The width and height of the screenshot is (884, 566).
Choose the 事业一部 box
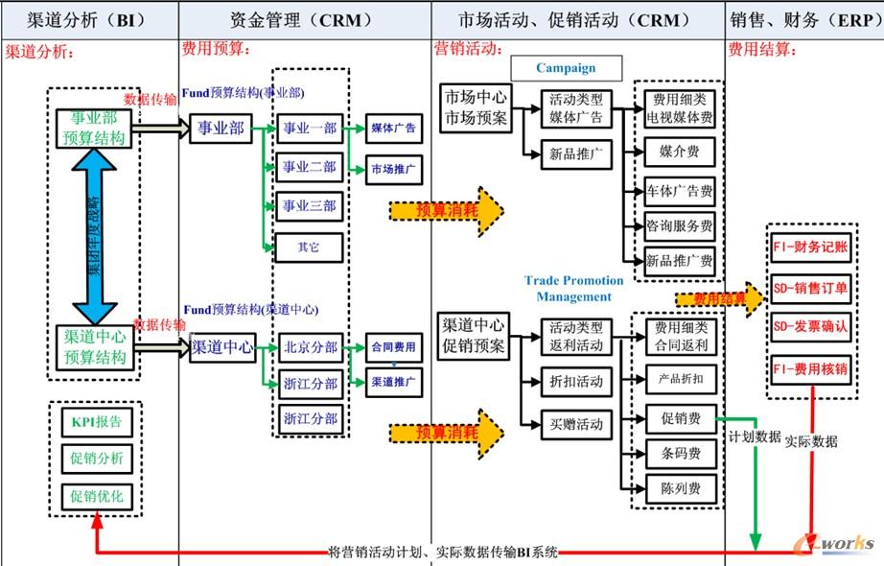(x=309, y=128)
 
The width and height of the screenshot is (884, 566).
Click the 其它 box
(x=309, y=247)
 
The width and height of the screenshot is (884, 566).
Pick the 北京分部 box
(x=309, y=347)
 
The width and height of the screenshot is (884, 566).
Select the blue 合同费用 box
(x=392, y=347)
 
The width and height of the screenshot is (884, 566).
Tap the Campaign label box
(x=566, y=68)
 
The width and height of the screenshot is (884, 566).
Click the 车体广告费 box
(x=680, y=191)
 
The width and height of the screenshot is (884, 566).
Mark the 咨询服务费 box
(x=680, y=226)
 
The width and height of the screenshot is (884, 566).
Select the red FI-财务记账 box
(x=809, y=246)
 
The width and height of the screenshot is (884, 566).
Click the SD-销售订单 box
(x=809, y=287)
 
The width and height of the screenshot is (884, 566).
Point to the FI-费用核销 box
(x=809, y=368)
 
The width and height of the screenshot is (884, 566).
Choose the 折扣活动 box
(x=575, y=381)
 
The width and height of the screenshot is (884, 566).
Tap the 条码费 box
(x=680, y=451)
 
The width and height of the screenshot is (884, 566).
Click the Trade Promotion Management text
(x=573, y=288)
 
